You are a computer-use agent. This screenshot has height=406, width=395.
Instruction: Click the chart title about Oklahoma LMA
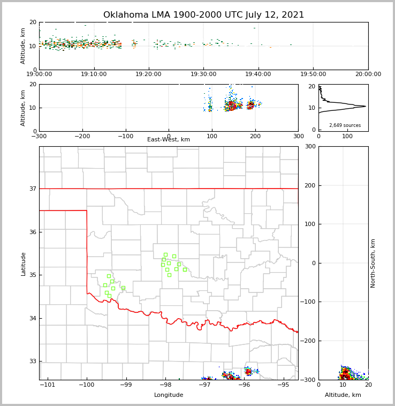tap(203, 15)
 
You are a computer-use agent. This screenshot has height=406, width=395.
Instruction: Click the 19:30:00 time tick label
tap(203, 74)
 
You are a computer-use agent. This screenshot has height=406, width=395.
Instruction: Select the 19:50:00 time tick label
tap(313, 74)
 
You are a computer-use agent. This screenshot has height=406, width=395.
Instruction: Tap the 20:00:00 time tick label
tap(368, 74)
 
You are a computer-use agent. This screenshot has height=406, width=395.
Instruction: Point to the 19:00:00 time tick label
tap(39, 74)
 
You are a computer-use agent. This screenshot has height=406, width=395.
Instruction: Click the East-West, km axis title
tap(169, 140)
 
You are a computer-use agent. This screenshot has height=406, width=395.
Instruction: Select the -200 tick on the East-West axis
tap(82, 137)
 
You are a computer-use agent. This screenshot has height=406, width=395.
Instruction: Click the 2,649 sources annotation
tap(345, 125)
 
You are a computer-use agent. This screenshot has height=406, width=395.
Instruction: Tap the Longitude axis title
tap(169, 395)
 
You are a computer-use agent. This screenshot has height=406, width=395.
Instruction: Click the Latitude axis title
tap(24, 264)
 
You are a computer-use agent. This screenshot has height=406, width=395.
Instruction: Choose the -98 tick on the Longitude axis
tap(165, 385)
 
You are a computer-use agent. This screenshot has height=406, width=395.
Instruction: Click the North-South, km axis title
tap(373, 263)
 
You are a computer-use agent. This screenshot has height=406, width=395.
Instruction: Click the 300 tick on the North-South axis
tap(309, 146)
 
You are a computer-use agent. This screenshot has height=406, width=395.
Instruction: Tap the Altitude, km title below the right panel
tap(343, 395)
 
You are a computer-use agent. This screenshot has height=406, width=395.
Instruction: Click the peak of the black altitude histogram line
tap(366, 106)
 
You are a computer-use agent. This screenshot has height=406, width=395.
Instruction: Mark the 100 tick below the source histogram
tap(347, 137)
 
